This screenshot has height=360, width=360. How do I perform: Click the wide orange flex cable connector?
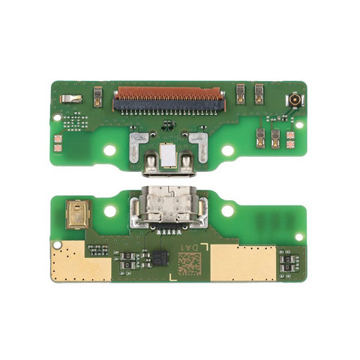(x=167, y=94)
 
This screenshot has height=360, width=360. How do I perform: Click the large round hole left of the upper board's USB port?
(x=109, y=150)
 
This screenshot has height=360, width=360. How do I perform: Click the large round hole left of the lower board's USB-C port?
(x=109, y=211)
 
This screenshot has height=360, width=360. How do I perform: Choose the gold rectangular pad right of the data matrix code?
(x=244, y=261)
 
